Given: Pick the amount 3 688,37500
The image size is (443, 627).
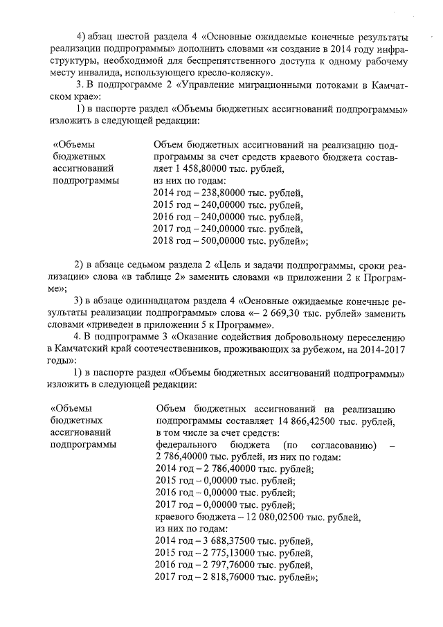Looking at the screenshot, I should [x=229, y=540].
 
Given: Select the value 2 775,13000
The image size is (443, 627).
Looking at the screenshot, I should [x=229, y=553].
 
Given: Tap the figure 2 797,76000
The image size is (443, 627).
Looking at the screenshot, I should [x=229, y=565].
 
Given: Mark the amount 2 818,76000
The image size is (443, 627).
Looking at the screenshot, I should [x=229, y=576].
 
